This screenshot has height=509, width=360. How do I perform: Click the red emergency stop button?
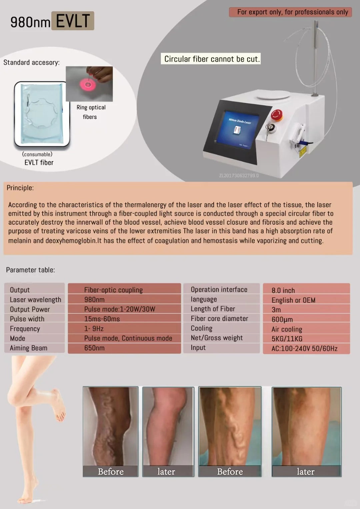277,115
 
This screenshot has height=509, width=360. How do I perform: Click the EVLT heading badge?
73,21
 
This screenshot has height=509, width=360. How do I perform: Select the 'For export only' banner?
290,12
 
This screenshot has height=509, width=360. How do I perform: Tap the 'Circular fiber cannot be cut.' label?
211,59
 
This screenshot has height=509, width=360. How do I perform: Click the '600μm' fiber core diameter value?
282,319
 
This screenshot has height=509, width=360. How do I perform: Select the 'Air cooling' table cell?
306,329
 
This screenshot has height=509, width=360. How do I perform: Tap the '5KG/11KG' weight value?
287,339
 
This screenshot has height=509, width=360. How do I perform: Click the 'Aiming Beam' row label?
28,348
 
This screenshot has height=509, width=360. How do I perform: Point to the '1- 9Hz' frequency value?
94,329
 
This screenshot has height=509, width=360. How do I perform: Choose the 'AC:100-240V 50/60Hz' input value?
304,348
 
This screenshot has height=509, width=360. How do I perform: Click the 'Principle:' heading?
20,188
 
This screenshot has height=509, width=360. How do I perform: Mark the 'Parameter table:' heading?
30,270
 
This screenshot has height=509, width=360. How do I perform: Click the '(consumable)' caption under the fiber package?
37,154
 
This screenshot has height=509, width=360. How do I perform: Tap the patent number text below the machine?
239,175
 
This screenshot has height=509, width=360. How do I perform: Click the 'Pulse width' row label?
27,319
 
